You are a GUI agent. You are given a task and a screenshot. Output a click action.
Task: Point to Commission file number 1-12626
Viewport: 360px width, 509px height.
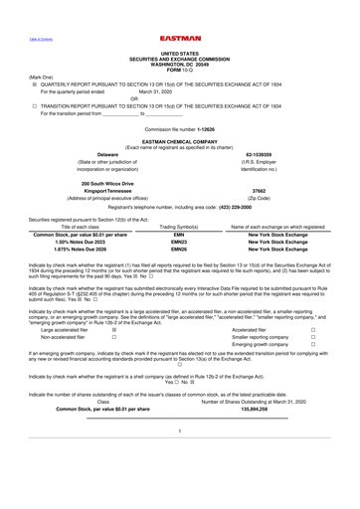179,130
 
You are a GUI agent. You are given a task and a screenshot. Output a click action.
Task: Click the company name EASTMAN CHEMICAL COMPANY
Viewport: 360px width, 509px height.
179,142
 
